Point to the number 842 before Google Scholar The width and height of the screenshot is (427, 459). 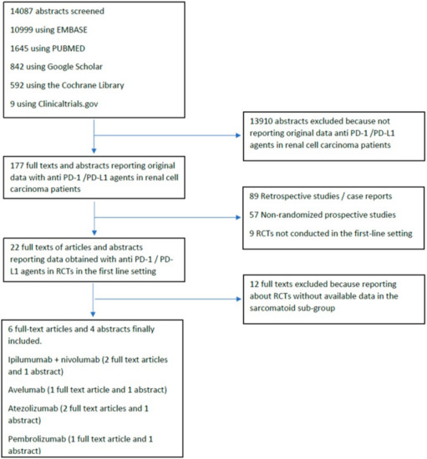pos(17,67)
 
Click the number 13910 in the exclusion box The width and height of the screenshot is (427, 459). pos(261,121)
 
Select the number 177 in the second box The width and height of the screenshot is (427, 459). pos(17,166)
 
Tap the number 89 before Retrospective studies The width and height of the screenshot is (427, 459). pos(254,196)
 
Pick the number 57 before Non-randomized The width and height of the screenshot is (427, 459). pos(254,214)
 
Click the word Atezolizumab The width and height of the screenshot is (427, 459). pos(33,408)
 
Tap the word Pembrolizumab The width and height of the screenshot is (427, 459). pos(37,439)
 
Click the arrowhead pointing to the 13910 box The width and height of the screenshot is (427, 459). pos(238,135)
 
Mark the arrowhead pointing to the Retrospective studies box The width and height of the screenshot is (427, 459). pos(238,218)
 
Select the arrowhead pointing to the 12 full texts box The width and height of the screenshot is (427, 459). pos(238,299)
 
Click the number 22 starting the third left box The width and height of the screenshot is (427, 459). pos(15,247)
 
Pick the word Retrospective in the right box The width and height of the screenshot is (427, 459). pos(282,196)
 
